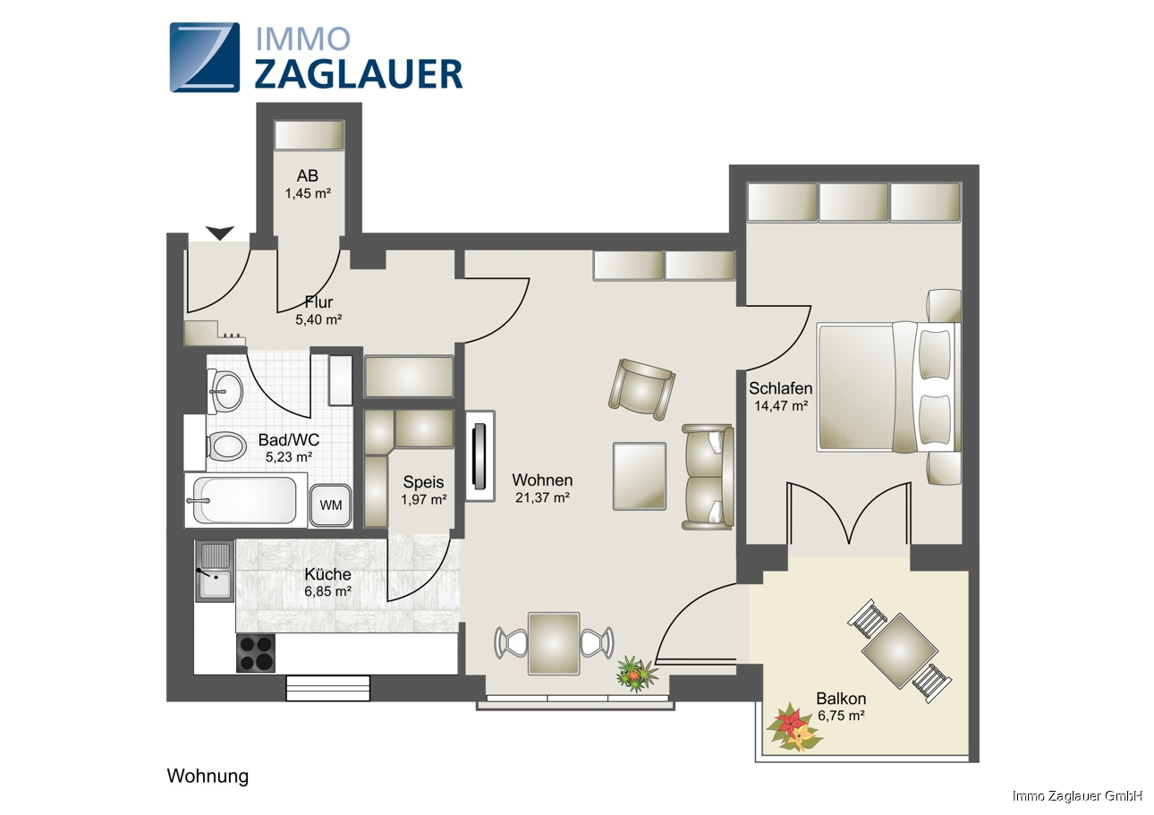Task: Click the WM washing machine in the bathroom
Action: (330, 505)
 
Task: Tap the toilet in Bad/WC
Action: (225, 446)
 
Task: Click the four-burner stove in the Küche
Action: (256, 653)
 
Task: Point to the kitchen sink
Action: (215, 571)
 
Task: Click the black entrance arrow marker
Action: (220, 233)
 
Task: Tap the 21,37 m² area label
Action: (542, 497)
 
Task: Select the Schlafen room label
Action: (780, 388)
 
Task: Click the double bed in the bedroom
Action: (888, 387)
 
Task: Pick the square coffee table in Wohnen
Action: (640, 476)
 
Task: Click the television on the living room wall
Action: (479, 456)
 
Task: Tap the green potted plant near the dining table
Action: (637, 674)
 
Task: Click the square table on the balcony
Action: (900, 650)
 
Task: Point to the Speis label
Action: (423, 482)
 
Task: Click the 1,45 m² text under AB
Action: (308, 194)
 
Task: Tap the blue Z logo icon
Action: (205, 57)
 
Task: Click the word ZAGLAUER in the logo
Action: (359, 74)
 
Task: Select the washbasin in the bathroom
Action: (225, 390)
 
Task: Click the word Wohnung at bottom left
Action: (208, 776)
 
